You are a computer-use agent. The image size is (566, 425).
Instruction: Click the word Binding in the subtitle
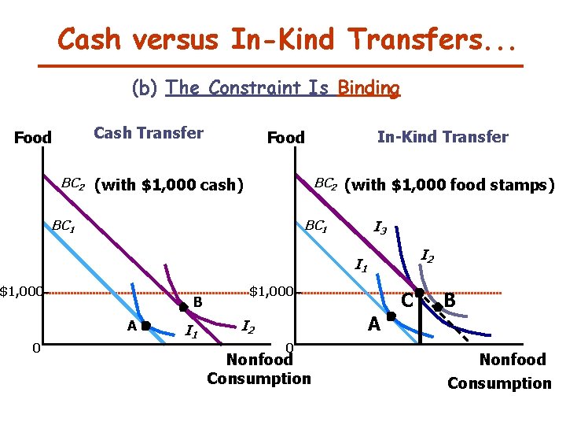(x=368, y=88)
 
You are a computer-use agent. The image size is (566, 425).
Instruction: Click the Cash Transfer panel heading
(x=149, y=133)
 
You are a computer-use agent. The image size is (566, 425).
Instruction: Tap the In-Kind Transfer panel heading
(x=443, y=137)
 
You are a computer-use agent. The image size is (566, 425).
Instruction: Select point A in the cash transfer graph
(x=146, y=324)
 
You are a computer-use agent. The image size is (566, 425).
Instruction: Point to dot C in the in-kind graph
(x=420, y=293)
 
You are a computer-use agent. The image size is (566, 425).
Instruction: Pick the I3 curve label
(x=379, y=229)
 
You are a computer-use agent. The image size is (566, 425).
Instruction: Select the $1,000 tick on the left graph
(x=20, y=292)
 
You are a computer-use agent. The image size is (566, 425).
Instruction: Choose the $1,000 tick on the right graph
(x=271, y=292)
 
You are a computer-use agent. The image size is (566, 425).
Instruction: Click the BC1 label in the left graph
(x=63, y=227)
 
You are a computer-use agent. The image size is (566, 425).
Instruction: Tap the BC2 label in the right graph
(x=325, y=184)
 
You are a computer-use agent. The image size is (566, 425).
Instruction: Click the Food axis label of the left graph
(x=33, y=138)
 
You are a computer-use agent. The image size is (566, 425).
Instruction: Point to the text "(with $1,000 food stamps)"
(x=450, y=185)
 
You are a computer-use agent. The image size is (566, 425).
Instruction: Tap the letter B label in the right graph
(x=450, y=300)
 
